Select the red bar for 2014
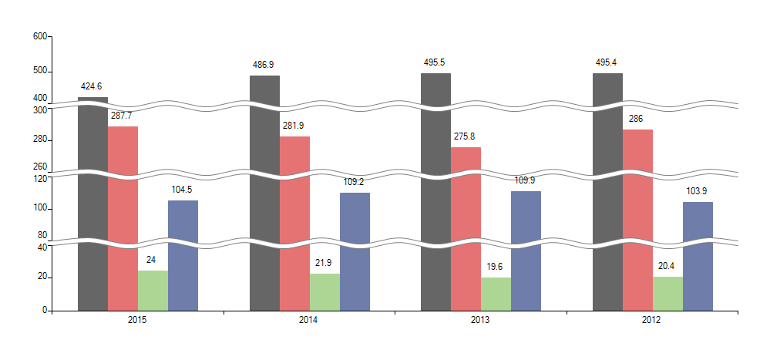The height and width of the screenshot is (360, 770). pos(294,224)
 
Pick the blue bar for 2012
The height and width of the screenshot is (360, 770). pos(698,256)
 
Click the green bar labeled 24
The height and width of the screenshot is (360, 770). pos(153,291)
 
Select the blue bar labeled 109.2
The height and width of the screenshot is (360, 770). pos(355,251)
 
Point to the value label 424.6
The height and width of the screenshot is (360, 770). pos(92,86)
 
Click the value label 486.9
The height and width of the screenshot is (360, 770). pos(264,65)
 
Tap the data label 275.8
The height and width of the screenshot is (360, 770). pos(466,136)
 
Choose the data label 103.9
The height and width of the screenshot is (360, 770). pos(697,191)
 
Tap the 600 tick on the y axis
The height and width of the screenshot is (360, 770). pos(40,36)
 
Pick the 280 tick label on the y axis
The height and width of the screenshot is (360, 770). pos(40,140)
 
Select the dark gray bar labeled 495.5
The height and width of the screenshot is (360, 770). pos(435,193)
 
